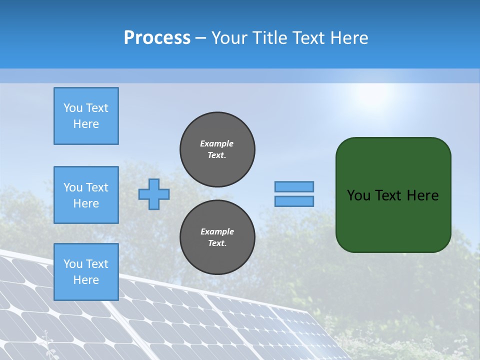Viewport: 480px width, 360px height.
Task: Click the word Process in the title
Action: pyautogui.click(x=157, y=38)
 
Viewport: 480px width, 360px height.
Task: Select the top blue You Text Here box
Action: pyautogui.click(x=86, y=116)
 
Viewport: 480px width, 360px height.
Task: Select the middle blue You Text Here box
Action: pyautogui.click(x=86, y=195)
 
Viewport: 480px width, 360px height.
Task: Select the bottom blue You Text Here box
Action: pyautogui.click(x=86, y=272)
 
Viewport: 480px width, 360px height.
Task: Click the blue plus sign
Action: pyautogui.click(x=154, y=194)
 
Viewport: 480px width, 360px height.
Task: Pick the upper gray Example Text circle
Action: pyautogui.click(x=217, y=149)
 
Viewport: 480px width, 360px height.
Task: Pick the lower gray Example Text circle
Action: pyautogui.click(x=217, y=237)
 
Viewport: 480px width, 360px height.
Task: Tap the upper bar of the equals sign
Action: pyautogui.click(x=294, y=186)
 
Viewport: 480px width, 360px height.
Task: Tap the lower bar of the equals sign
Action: pyautogui.click(x=294, y=201)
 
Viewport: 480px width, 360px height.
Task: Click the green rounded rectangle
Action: pyautogui.click(x=393, y=220)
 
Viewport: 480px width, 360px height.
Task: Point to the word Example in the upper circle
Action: pyautogui.click(x=217, y=143)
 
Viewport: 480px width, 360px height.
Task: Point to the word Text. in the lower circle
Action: pyautogui.click(x=217, y=243)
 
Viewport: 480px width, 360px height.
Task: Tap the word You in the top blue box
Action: pyautogui.click(x=72, y=108)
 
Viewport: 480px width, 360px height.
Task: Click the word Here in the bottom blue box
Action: pyautogui.click(x=86, y=280)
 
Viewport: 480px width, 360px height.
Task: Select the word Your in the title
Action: pyautogui.click(x=229, y=38)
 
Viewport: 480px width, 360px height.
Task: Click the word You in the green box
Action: pyautogui.click(x=359, y=195)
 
